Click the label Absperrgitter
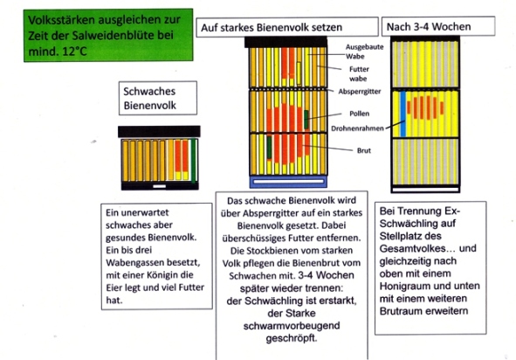360,92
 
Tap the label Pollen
360,114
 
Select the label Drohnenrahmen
357,128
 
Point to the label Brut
364,150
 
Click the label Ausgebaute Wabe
364,52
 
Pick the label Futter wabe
359,73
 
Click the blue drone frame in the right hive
402,114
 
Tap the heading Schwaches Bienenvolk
149,98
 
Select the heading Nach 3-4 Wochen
429,27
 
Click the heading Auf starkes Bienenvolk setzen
272,27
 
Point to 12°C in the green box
74,51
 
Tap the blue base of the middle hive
288,182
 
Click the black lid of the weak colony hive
159,132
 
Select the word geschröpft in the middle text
292,338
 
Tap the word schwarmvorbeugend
292,326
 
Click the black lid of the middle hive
286,42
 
